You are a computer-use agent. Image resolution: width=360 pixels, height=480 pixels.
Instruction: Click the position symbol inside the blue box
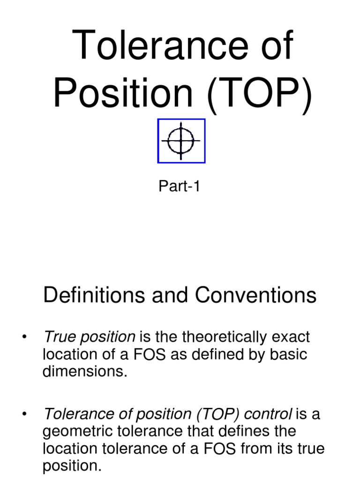coord(181,141)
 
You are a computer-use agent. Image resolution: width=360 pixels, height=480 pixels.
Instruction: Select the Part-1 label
coord(180,187)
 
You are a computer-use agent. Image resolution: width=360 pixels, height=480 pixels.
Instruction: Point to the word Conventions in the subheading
coord(256,295)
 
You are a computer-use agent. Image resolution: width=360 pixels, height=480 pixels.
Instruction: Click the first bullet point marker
coord(24,337)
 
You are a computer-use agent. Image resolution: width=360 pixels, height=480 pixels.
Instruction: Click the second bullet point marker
coord(24,414)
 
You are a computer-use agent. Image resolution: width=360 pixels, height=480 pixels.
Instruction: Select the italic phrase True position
coord(89,337)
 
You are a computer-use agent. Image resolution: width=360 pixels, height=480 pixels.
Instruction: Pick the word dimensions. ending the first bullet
coord(85,372)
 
